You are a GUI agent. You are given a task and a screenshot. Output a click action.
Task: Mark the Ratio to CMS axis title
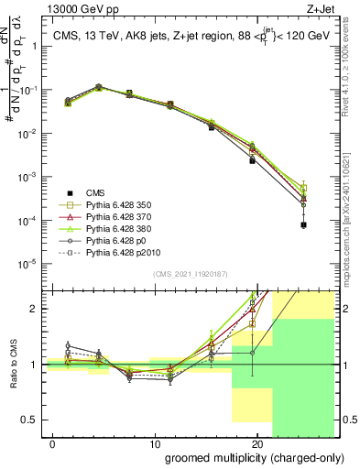coord(13,365)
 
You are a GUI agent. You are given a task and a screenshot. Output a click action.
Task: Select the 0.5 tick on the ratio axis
coord(28,420)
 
